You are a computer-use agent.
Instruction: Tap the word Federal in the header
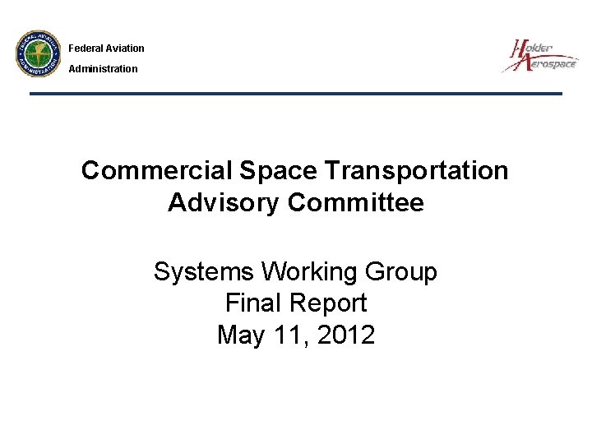pos(85,49)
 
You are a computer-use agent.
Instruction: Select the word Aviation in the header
pos(124,49)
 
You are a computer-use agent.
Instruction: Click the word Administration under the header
pos(103,69)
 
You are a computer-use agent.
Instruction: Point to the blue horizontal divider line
pos(296,94)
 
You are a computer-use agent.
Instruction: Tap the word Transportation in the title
pos(418,171)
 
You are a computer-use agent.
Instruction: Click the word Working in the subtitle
pos(302,272)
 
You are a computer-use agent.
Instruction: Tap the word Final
pos(253,303)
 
